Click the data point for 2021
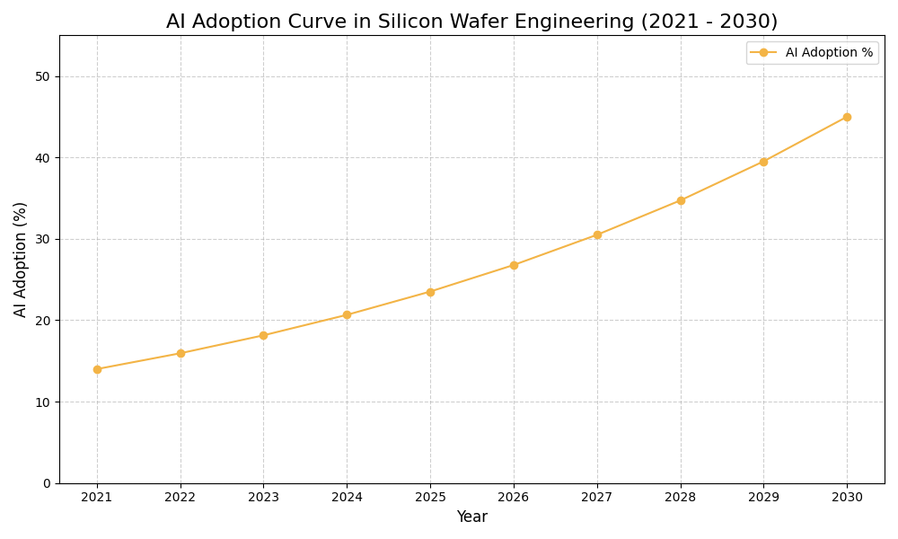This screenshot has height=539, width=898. pos(97,369)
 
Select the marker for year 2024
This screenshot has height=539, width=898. pos(347,315)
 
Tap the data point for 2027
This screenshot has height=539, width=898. pos(597,235)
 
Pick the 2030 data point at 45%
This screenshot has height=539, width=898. pos(847,117)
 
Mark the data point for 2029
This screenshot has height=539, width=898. pos(763,162)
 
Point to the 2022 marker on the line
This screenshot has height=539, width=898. pos(180,353)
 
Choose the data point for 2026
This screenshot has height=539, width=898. pos(514,265)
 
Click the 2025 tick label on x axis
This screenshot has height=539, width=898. pos(430,497)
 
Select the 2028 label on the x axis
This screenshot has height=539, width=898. pos(681,497)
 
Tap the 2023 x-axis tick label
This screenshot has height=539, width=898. pos(263,497)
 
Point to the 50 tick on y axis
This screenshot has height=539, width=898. pos(43,76)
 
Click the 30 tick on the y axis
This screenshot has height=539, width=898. pos(43,239)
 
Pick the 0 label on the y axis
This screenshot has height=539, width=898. pos(47,483)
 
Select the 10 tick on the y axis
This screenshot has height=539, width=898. pos(43,402)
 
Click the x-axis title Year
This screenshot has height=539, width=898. pos(471,517)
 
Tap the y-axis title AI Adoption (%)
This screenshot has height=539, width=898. pos(21,259)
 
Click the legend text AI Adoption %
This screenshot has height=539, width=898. pos(829,53)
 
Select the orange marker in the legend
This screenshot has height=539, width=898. pos(763,53)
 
